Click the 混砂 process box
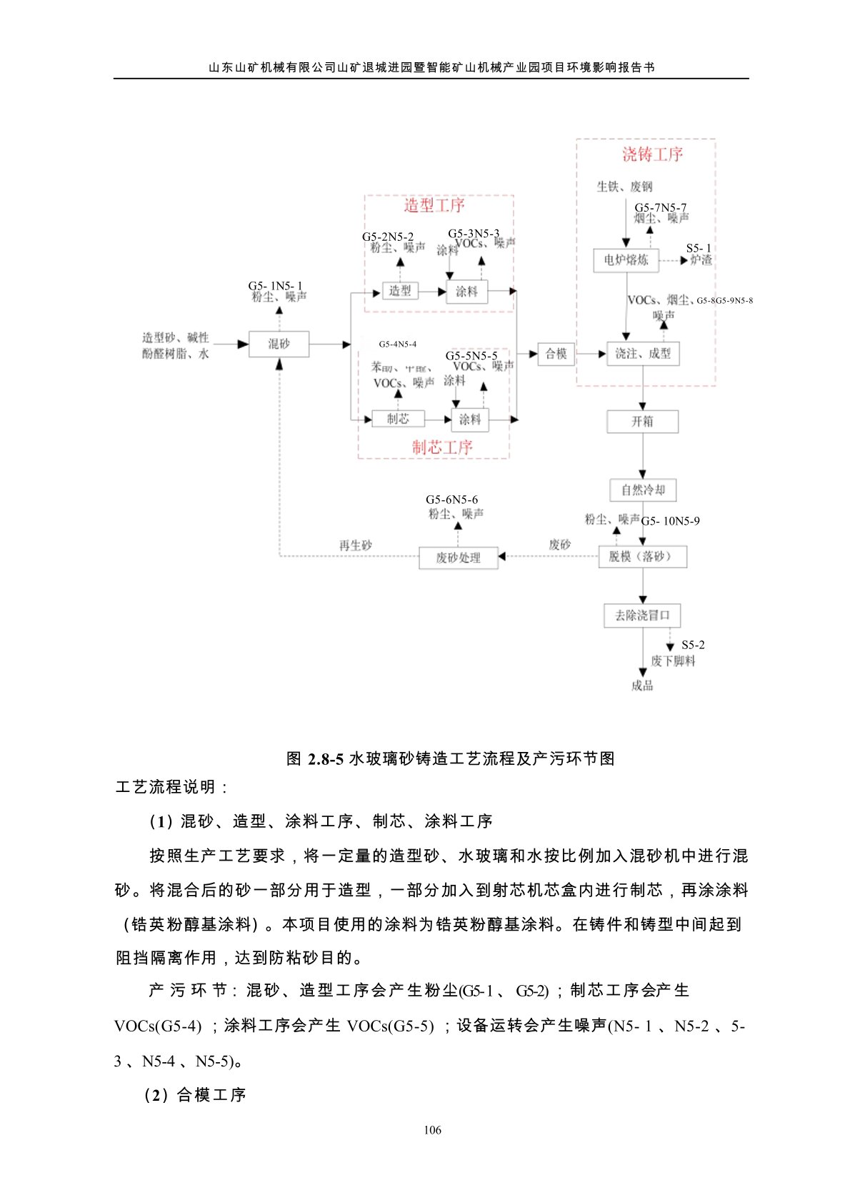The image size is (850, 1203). pos(279,344)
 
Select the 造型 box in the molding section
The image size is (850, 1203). pos(399,291)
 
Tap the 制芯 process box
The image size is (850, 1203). pos(398,419)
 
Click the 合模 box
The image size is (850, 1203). pos(556,354)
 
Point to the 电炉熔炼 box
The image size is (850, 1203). pos(626,260)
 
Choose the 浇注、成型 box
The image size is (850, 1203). pos(643,354)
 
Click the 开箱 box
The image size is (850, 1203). pos(642,422)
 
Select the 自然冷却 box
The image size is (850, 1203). pos(643,490)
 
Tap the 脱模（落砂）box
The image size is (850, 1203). pos(642,557)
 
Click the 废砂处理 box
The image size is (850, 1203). pos(458,558)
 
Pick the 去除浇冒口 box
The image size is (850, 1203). pos(642,615)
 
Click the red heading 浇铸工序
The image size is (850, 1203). pos(652,154)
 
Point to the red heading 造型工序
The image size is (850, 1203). pos(434,206)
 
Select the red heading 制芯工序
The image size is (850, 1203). pos(442,447)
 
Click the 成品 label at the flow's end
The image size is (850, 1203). pos(642,686)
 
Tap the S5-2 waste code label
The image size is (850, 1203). pos(693,645)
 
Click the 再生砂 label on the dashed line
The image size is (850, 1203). pos(355,545)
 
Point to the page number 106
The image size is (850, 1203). pos(432,1130)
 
